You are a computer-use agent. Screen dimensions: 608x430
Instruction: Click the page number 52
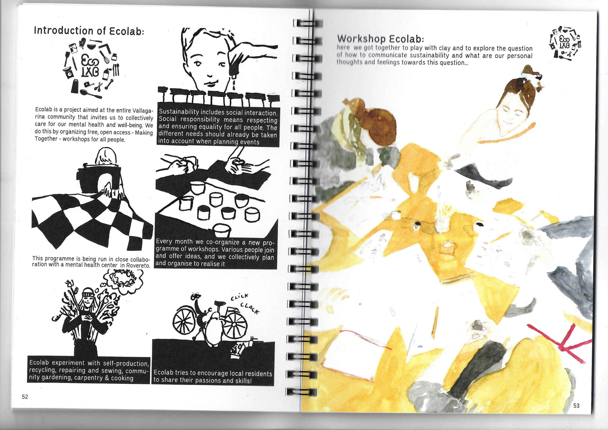(x=25, y=397)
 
